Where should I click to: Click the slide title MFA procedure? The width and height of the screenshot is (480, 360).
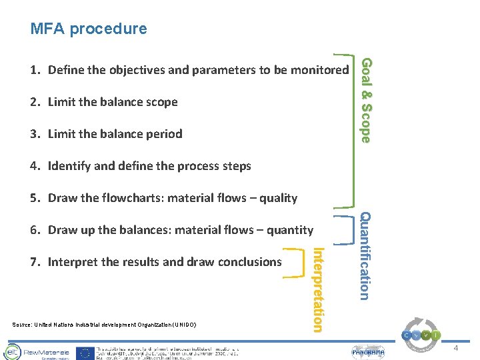pos(88,29)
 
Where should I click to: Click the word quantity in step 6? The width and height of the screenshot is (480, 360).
pos(288,230)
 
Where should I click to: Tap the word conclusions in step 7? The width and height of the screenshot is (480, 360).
pos(249,262)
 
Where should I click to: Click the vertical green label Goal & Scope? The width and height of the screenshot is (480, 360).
pos(365,100)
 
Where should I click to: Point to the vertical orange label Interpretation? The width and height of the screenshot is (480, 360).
pos(318,289)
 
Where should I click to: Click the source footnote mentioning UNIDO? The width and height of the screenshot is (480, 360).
pos(104,325)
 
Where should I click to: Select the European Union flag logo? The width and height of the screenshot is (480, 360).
pos(85,352)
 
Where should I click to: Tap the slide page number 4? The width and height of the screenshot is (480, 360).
pos(456,349)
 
